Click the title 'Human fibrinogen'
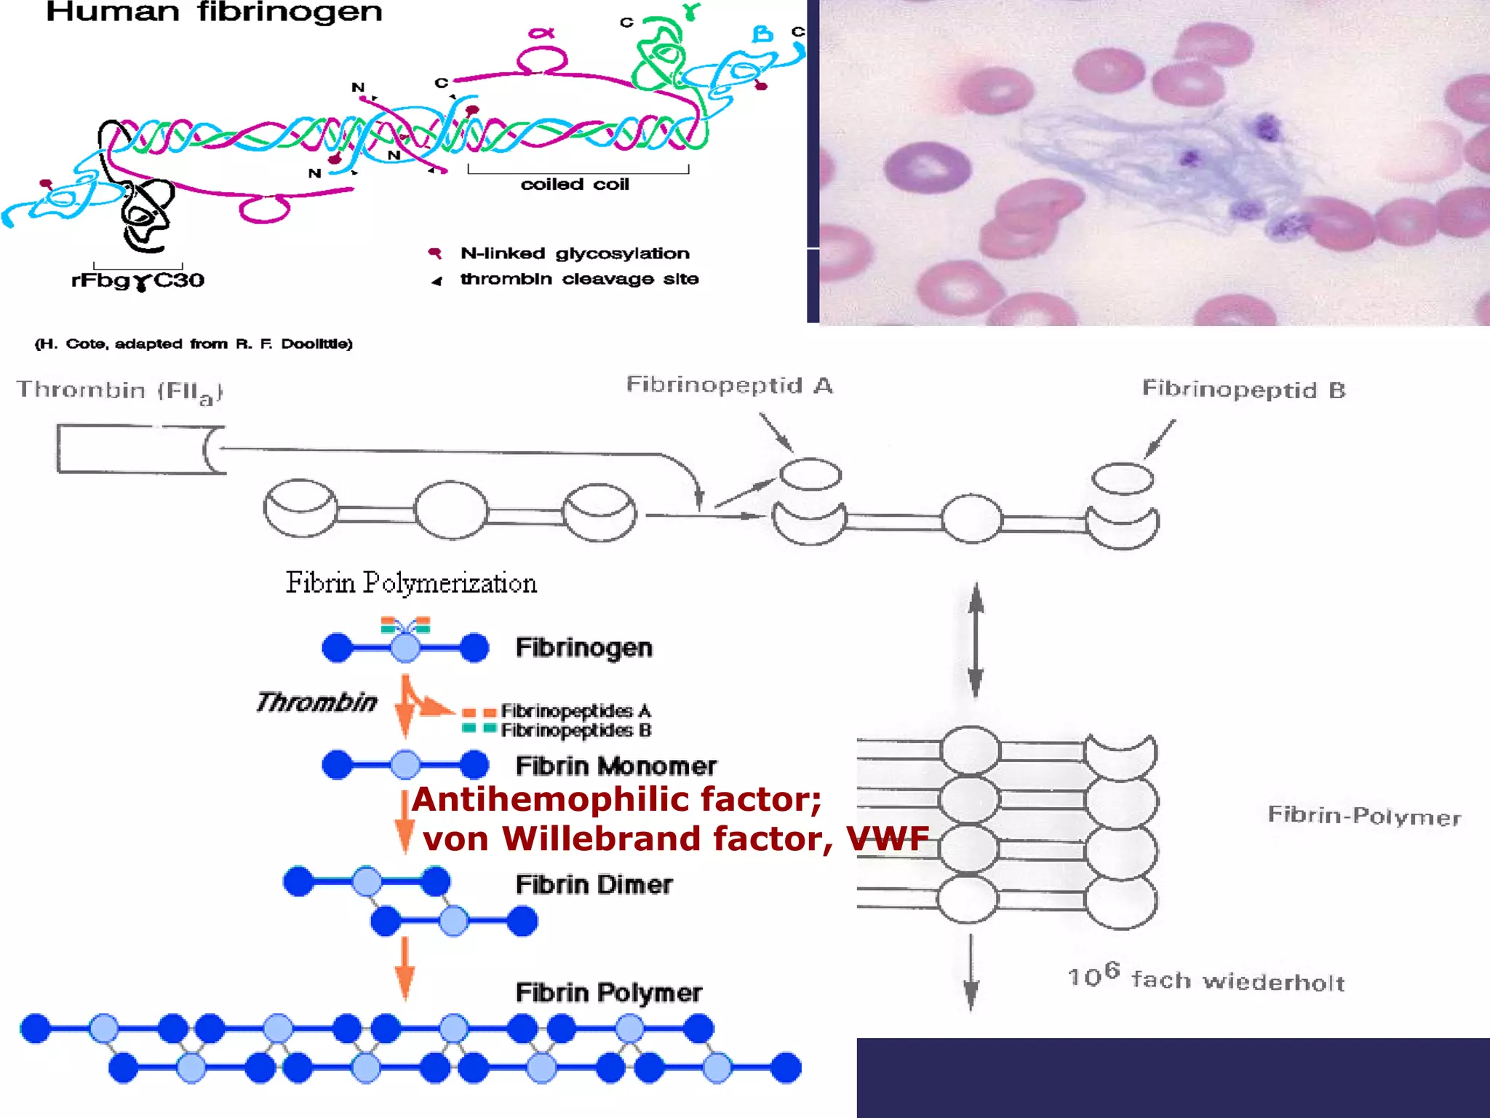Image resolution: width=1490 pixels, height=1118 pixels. [214, 12]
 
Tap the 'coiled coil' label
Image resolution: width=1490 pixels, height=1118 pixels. [575, 184]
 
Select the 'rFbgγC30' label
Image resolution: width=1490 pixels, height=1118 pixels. [138, 280]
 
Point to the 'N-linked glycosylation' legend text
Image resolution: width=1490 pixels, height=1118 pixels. [575, 253]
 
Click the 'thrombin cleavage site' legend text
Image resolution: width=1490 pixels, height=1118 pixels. [579, 279]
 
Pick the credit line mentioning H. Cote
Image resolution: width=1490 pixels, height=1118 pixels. [194, 344]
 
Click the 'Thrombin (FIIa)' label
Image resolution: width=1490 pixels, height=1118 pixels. [119, 391]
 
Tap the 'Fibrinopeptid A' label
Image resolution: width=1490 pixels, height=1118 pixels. [729, 385]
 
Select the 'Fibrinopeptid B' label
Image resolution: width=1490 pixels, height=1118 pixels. [1243, 389]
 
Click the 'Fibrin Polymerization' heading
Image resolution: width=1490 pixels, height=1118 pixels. [411, 583]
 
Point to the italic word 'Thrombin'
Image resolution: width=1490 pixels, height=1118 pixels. [316, 702]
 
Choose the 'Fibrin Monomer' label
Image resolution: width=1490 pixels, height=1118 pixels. [615, 766]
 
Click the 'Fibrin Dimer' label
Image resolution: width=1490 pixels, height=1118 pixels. [594, 884]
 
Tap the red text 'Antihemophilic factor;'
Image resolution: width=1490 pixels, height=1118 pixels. [617, 799]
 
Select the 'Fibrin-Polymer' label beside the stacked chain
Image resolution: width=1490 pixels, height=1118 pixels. [1364, 816]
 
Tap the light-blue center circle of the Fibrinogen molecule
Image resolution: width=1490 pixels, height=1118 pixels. [405, 647]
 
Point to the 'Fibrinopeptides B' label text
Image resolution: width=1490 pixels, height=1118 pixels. [575, 730]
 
